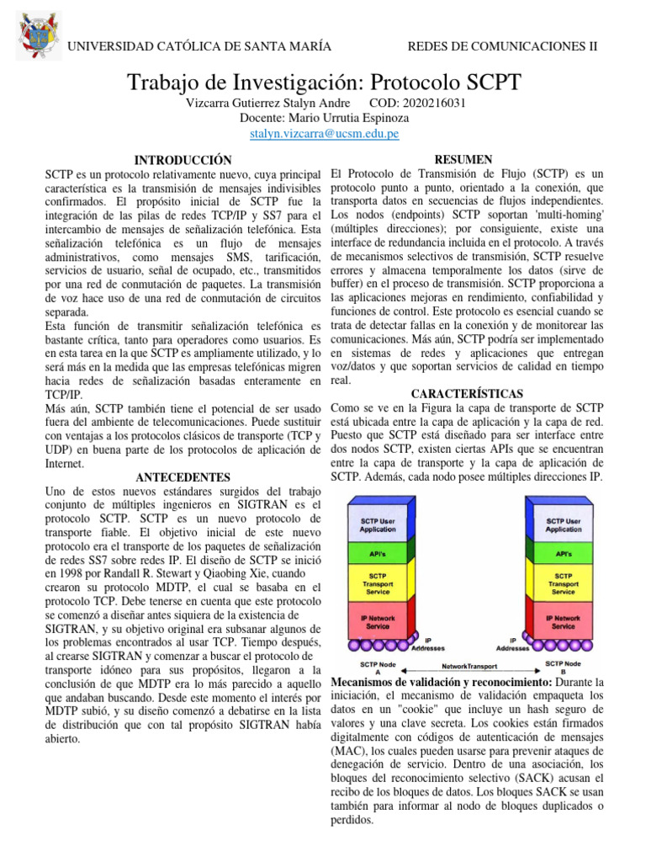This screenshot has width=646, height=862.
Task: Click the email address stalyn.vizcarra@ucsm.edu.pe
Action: [324, 134]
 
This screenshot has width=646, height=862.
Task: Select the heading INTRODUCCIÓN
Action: [183, 159]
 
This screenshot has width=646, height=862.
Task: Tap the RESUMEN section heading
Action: [466, 159]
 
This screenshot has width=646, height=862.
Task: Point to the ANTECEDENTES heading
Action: [183, 476]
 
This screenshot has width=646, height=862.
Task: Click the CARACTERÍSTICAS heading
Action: [467, 394]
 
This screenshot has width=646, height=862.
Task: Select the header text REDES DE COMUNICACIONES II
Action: [502, 46]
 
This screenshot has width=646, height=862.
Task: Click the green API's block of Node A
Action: [378, 554]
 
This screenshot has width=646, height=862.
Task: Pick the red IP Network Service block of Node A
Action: [378, 622]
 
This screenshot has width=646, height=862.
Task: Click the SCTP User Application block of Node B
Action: [563, 524]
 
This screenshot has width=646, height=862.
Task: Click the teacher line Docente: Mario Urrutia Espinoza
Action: [324, 118]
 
